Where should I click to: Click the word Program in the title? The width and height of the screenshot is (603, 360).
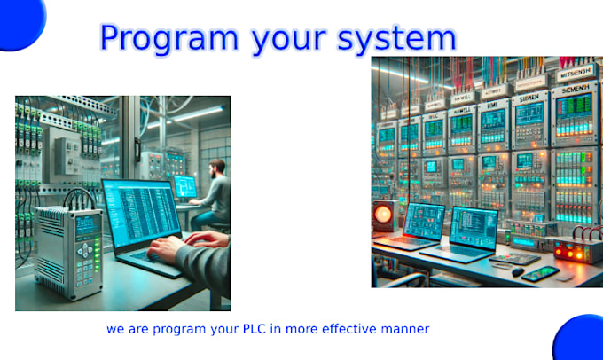click(157, 37)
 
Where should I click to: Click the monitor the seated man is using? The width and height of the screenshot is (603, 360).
click(184, 186)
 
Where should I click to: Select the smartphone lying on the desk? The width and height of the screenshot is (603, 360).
click(540, 273)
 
